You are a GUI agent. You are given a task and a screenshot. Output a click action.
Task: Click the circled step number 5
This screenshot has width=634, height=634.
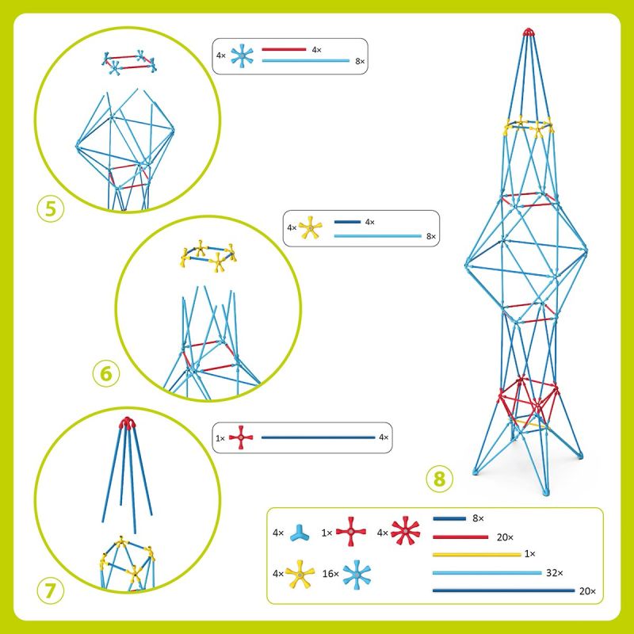pyautogui.click(x=51, y=209)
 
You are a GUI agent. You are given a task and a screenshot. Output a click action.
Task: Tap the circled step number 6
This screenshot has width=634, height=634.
pyautogui.click(x=106, y=373)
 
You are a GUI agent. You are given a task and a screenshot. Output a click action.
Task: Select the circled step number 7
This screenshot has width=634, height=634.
pyautogui.click(x=51, y=590)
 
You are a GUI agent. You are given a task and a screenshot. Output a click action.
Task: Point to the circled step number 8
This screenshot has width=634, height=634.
pyautogui.click(x=440, y=479)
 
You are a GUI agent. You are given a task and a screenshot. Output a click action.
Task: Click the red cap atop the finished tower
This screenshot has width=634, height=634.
pyautogui.click(x=528, y=32)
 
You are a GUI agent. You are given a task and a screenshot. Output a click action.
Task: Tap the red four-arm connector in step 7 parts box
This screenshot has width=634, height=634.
pyautogui.click(x=241, y=437)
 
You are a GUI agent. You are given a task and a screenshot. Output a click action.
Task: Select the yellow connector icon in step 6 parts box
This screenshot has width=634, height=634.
pyautogui.click(x=310, y=228)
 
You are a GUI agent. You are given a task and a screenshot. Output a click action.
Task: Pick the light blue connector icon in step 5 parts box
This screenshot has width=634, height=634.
pyautogui.click(x=242, y=55)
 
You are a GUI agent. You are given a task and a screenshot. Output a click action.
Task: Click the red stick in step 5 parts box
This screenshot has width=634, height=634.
pyautogui.click(x=284, y=49)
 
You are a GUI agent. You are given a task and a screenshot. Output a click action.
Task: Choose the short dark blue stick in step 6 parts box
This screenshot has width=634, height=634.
pyautogui.click(x=347, y=222)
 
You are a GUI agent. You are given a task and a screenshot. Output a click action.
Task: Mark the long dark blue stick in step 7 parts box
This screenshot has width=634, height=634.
pyautogui.click(x=319, y=437)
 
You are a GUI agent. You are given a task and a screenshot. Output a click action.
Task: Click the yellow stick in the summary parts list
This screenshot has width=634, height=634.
pyautogui.click(x=477, y=555)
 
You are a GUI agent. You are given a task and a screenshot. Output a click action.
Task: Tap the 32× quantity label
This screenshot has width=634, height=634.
pyautogui.click(x=554, y=572)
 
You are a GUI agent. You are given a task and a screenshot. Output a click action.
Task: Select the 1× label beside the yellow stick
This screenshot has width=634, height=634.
pyautogui.click(x=529, y=554)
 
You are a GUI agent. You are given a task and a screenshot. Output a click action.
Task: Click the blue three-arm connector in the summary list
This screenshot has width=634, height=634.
pyautogui.click(x=300, y=534)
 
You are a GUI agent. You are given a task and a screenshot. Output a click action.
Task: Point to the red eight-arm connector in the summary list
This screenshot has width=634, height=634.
pyautogui.click(x=406, y=530)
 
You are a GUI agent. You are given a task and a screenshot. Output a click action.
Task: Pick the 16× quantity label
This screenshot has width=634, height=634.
pyautogui.click(x=330, y=574)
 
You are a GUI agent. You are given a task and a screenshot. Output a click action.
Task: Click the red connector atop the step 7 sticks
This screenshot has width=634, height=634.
pyautogui.click(x=127, y=423)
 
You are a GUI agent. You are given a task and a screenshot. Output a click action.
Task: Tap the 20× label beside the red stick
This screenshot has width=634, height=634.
pyautogui.click(x=505, y=537)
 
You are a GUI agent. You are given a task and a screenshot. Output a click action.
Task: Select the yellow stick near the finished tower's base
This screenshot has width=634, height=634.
pyautogui.click(x=532, y=424)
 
